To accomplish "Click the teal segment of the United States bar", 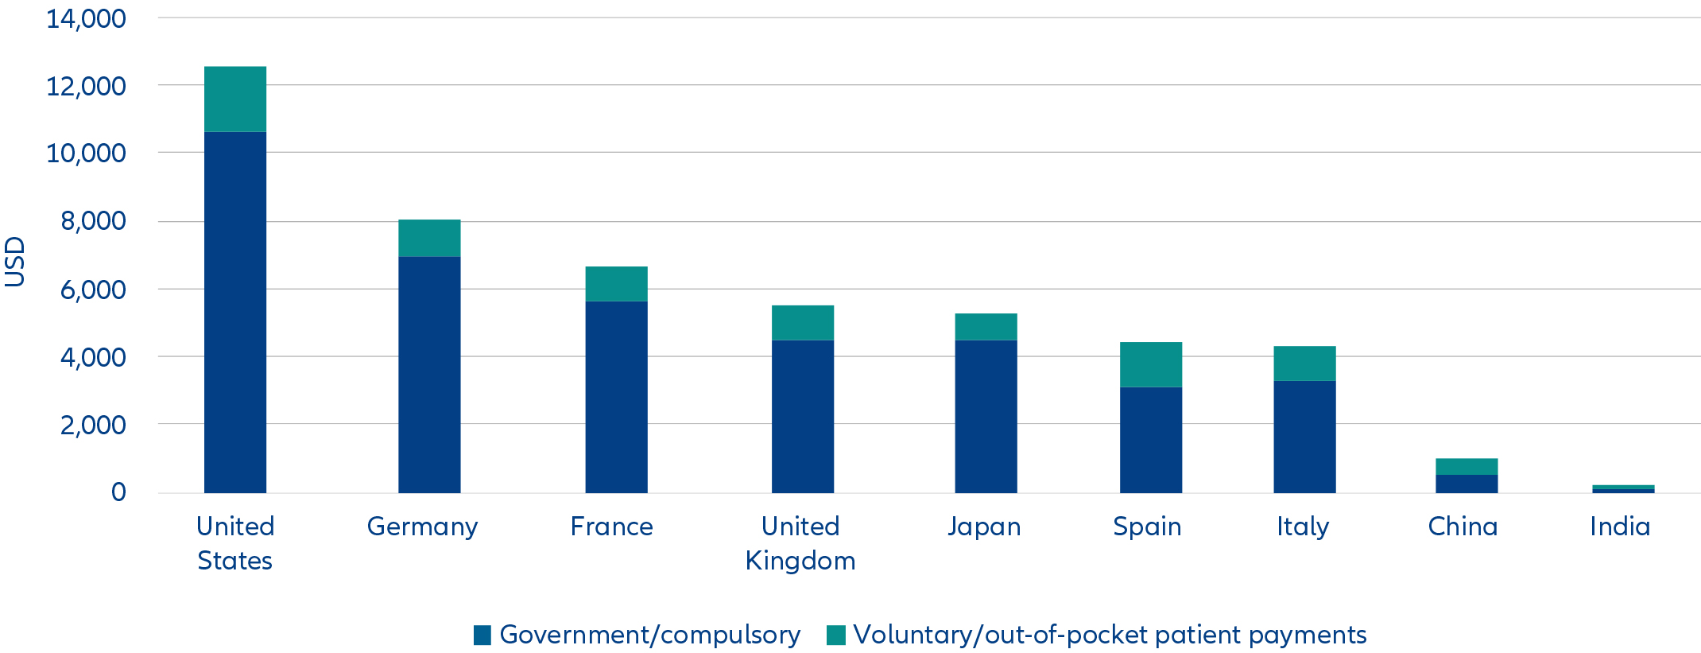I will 235,99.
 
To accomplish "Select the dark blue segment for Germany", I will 429,374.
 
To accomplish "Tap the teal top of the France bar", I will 616,283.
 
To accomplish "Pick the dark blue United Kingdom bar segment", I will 803,416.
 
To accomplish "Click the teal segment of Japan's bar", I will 986,326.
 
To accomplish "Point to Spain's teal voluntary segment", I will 1150,364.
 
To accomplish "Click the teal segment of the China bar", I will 1467,466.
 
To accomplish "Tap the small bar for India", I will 1623,489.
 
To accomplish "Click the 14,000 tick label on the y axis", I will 86,18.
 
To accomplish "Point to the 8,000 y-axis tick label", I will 93,220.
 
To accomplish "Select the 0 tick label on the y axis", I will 118,492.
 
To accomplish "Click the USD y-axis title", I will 15,261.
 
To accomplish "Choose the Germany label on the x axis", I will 422,527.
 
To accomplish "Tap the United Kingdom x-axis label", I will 800,543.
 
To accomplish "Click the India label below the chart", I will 1620,527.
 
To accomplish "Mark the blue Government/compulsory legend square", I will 482,635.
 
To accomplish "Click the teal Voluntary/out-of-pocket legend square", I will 835,635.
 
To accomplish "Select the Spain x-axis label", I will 1147,527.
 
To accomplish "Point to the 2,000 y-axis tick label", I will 93,425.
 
